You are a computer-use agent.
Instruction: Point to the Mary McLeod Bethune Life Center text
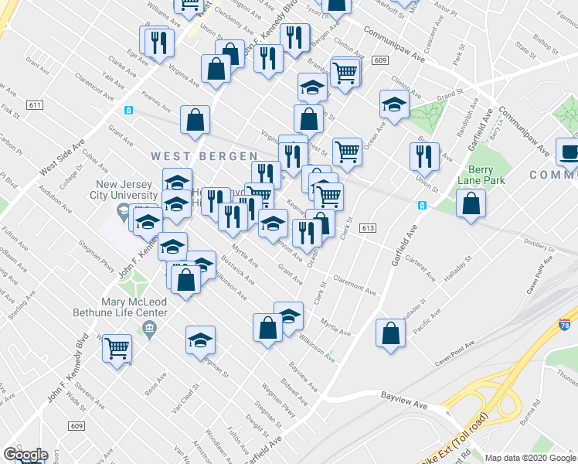click(135, 306)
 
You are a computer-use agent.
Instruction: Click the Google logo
click(25, 455)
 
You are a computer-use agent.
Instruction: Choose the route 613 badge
click(367, 227)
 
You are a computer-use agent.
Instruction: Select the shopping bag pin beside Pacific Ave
click(391, 333)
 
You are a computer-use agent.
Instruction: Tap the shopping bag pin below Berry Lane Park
click(471, 203)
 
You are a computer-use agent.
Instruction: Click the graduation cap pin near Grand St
click(394, 104)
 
